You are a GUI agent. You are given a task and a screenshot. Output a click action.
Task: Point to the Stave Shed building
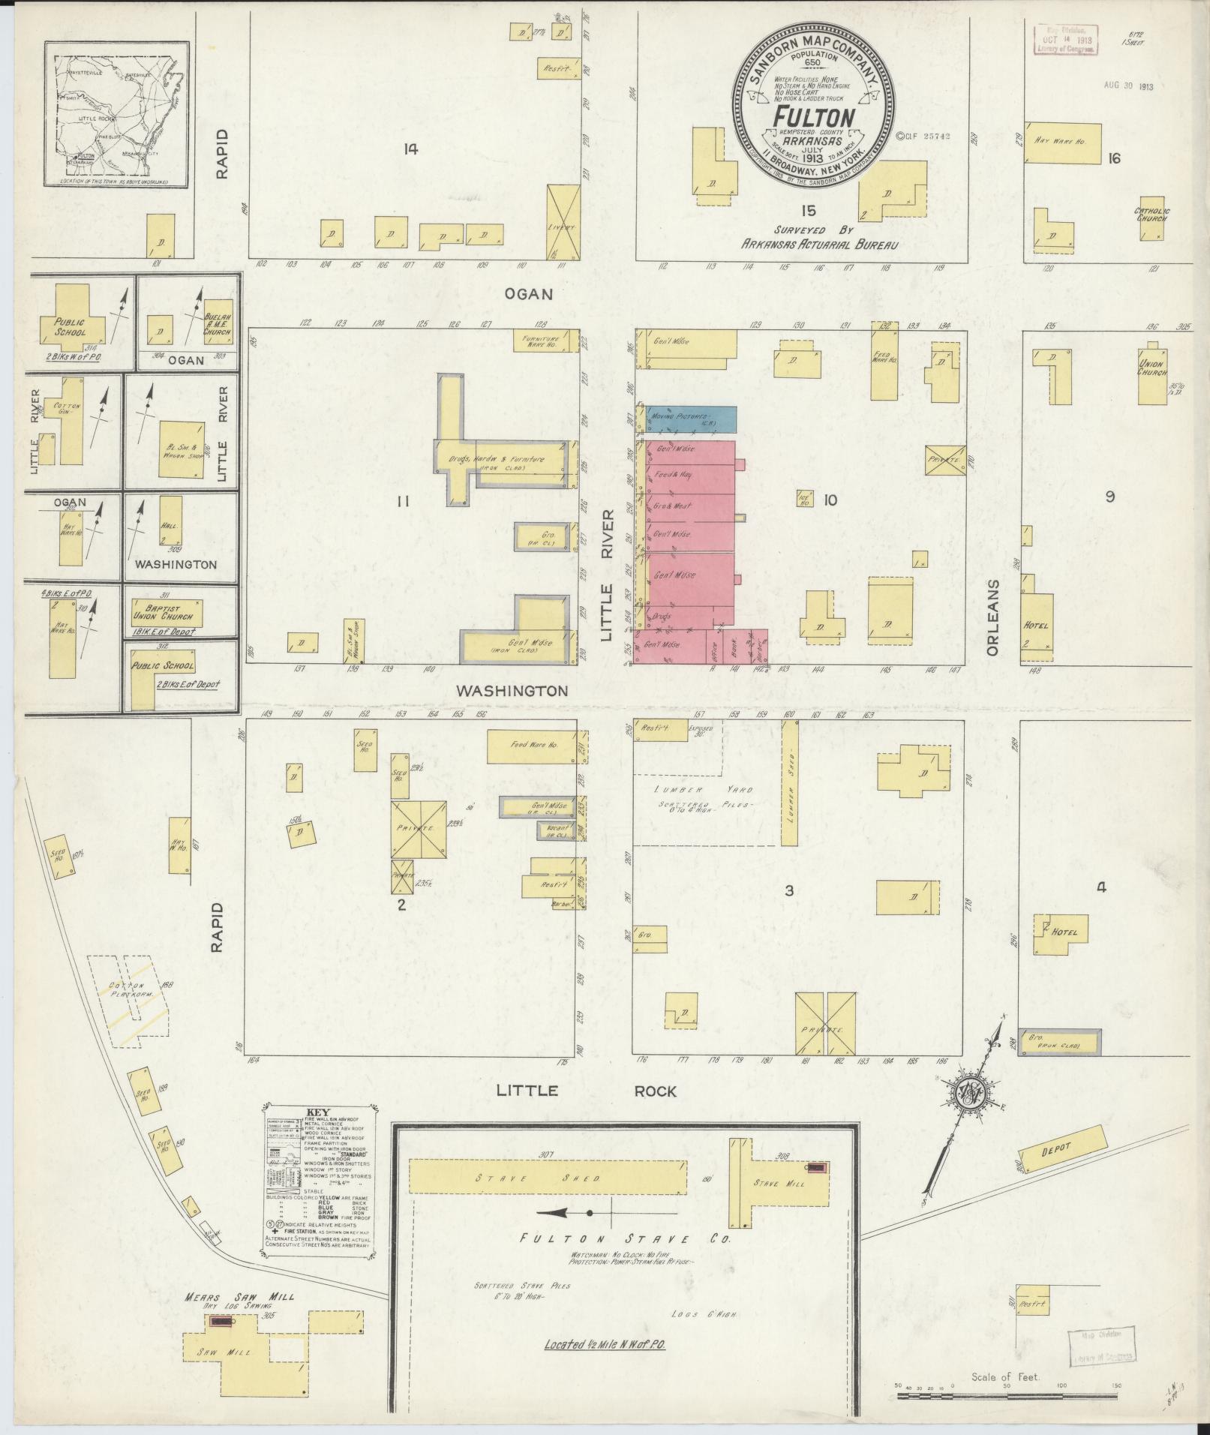pyautogui.click(x=546, y=1178)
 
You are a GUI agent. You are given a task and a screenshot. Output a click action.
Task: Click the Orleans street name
pyautogui.click(x=993, y=617)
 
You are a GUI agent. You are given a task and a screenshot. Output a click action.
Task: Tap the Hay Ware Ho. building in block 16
pyautogui.click(x=1062, y=143)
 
